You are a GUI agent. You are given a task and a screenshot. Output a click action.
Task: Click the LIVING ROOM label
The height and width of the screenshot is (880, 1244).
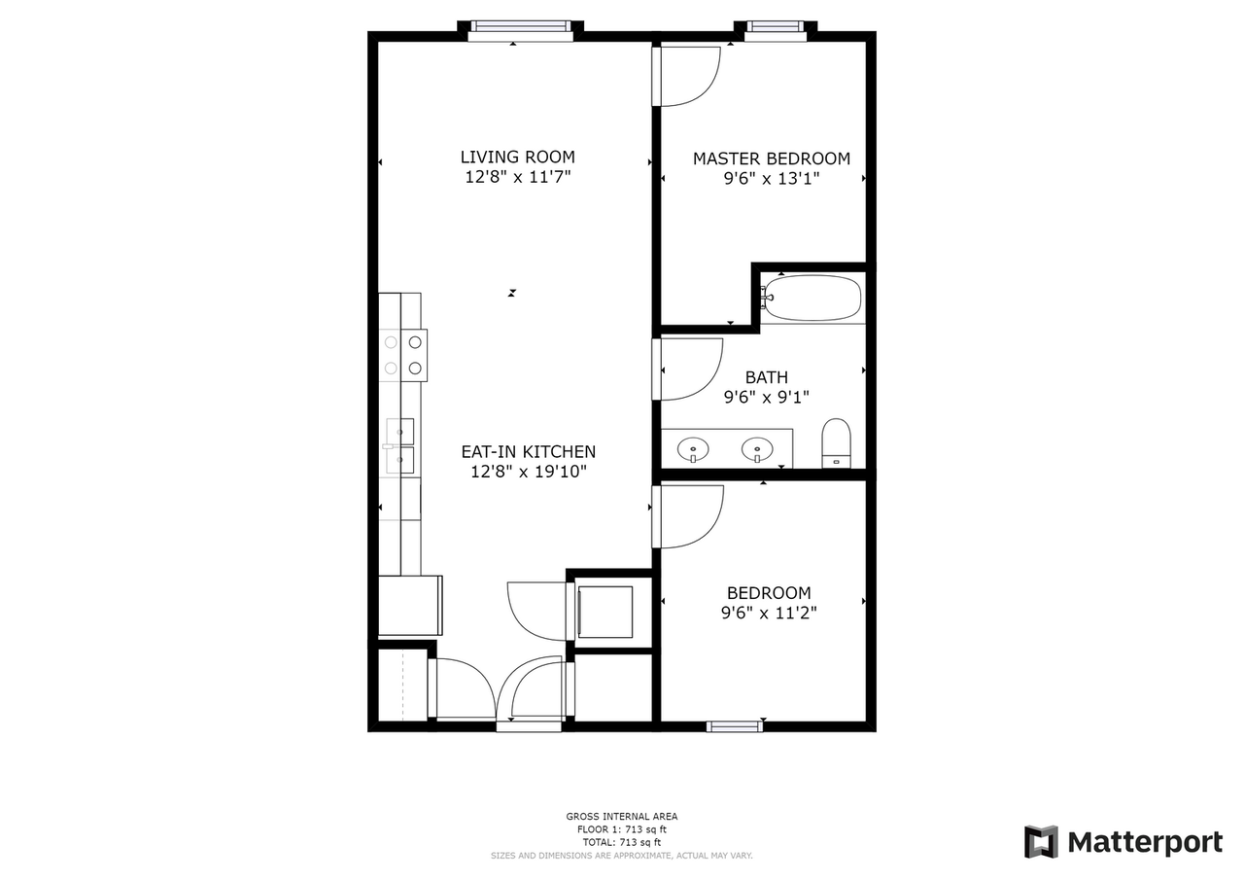tap(517, 157)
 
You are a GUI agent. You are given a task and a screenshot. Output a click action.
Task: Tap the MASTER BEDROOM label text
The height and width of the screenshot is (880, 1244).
tap(771, 158)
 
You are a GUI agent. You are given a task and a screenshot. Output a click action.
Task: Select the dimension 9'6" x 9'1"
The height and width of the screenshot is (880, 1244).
tap(766, 397)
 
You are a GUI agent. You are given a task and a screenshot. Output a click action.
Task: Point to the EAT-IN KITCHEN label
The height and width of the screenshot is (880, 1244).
tap(528, 451)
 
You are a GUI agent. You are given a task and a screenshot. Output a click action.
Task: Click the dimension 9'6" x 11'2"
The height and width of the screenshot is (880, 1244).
tap(768, 613)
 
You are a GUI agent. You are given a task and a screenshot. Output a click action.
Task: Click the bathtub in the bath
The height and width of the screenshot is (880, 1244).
tap(812, 298)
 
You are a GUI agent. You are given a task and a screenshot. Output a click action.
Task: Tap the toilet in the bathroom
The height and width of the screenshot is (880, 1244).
tap(836, 443)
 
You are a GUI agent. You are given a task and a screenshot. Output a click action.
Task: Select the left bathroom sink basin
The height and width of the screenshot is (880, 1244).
tap(693, 449)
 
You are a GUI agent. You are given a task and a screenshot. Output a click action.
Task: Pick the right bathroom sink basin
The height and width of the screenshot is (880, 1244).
tap(757, 449)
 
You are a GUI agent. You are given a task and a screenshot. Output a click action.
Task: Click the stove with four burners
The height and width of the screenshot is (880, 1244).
tap(403, 355)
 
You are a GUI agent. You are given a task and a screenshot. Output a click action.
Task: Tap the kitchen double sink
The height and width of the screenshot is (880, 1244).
tap(399, 445)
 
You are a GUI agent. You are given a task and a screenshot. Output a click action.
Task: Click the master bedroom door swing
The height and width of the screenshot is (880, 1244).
tap(688, 75)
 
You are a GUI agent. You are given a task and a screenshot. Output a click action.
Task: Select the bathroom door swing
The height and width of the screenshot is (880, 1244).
tap(690, 369)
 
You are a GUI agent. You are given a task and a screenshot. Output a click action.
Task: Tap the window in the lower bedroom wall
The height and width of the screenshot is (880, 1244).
tap(734, 725)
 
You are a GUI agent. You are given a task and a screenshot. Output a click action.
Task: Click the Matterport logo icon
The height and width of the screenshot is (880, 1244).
tap(1041, 842)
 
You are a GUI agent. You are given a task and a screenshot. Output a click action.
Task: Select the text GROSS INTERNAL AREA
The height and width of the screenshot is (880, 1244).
tap(622, 817)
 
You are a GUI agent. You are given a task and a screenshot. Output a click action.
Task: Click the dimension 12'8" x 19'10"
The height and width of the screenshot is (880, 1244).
tap(528, 473)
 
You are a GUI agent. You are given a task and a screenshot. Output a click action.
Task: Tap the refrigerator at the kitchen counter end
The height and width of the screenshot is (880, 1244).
tap(409, 606)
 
